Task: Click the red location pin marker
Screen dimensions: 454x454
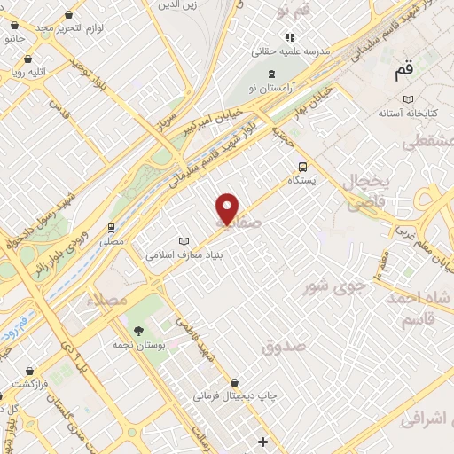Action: click(x=228, y=208)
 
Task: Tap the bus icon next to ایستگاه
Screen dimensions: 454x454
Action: click(x=303, y=166)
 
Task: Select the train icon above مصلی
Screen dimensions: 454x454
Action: click(x=112, y=227)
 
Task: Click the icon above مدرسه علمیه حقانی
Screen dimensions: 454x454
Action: click(x=289, y=37)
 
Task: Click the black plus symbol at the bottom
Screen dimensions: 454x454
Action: click(x=262, y=442)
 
